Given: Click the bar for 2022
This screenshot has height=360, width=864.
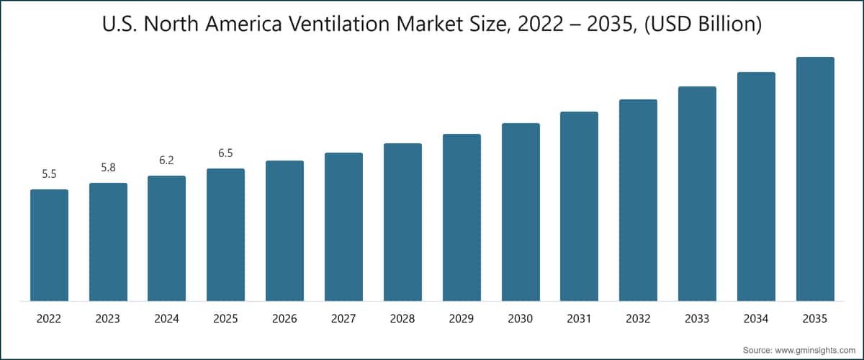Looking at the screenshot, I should pyautogui.click(x=49, y=245).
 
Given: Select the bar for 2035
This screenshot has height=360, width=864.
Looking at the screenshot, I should pyautogui.click(x=815, y=179).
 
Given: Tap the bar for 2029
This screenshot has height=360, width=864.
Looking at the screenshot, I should pyautogui.click(x=462, y=217).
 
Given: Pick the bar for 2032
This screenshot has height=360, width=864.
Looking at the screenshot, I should pyautogui.click(x=638, y=200).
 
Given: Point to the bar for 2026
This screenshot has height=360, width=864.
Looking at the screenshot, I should pyautogui.click(x=284, y=230).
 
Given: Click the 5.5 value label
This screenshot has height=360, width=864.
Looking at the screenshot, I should pyautogui.click(x=49, y=174).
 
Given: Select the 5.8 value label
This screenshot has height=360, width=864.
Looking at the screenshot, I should pyautogui.click(x=108, y=168).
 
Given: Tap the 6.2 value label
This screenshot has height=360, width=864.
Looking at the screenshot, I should pyautogui.click(x=166, y=161).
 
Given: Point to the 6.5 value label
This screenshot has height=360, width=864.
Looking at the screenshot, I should pyautogui.click(x=225, y=153).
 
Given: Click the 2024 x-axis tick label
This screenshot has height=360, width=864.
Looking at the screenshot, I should pyautogui.click(x=166, y=318).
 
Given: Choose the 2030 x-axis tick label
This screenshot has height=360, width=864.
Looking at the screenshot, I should pyautogui.click(x=521, y=318).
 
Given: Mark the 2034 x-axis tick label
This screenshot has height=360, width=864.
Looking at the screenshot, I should pyautogui.click(x=756, y=318).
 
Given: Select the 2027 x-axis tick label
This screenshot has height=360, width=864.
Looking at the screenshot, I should pyautogui.click(x=343, y=318).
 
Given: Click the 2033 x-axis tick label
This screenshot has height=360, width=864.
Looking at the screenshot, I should pyautogui.click(x=697, y=318).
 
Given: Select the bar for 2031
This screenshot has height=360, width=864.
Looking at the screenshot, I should pyautogui.click(x=579, y=206).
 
